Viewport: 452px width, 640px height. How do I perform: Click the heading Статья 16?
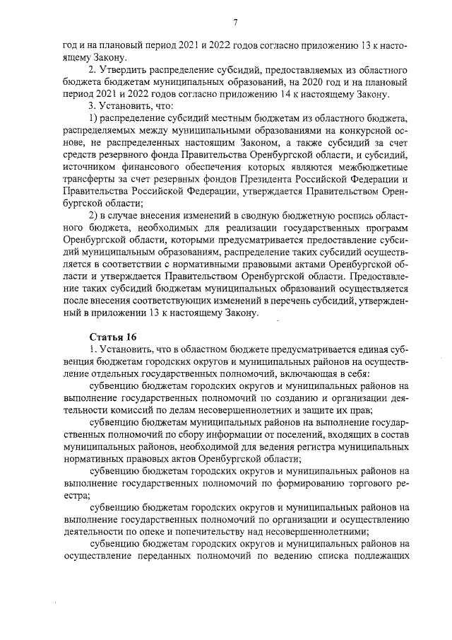click(x=112, y=335)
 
